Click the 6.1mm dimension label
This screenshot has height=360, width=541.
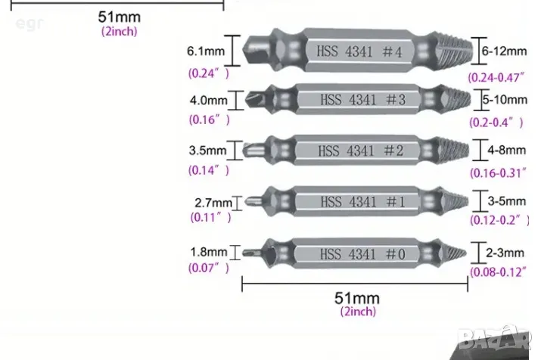coord(206,51)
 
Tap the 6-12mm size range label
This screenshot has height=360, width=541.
coord(504,51)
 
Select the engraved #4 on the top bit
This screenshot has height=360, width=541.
coord(392,52)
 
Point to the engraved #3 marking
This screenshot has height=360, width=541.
coord(396,100)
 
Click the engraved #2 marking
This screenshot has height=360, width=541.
coord(393,151)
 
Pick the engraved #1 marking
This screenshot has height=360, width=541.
coord(396,202)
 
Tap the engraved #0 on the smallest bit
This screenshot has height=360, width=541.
coord(396,254)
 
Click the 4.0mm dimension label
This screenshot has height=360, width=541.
coord(208,101)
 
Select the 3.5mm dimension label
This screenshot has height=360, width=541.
coord(208,151)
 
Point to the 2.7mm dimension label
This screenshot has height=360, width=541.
coord(213,203)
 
